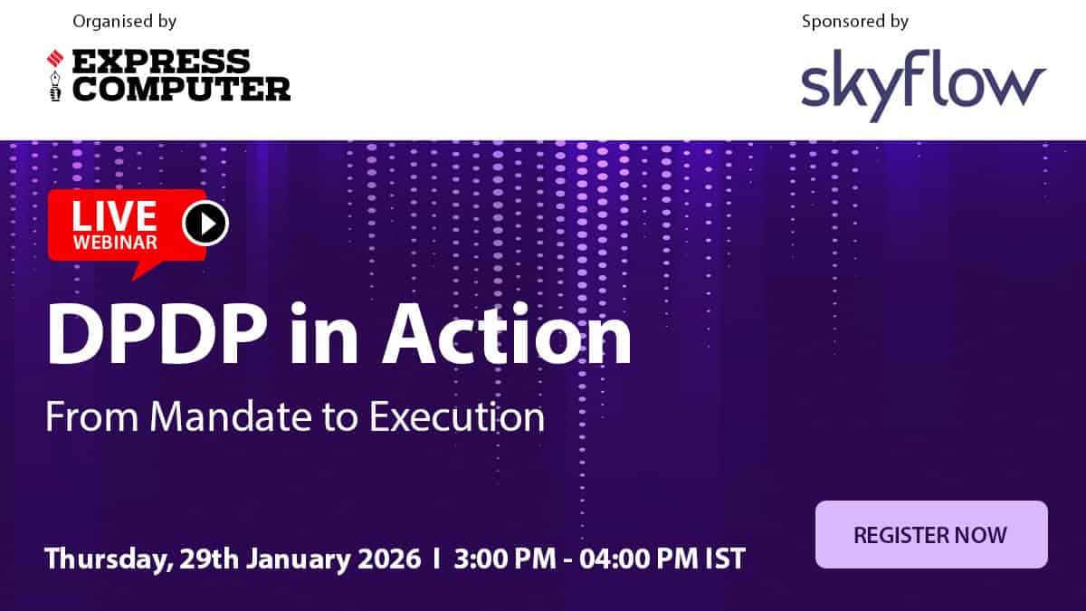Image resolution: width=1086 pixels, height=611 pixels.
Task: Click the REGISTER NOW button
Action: tap(931, 534)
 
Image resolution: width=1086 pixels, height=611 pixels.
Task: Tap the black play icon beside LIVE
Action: tap(205, 223)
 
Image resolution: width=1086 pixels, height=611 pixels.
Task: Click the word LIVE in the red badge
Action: tap(114, 216)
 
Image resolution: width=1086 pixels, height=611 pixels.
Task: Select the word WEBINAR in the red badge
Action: tap(115, 243)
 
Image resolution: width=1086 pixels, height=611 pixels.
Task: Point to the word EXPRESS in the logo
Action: tap(161, 62)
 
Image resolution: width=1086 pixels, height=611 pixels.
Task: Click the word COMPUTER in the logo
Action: tap(181, 89)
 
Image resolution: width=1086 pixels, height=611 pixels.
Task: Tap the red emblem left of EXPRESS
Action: tap(55, 59)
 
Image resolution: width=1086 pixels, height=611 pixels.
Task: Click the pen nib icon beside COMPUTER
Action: tap(56, 86)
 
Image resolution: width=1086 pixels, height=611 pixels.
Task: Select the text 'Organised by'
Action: tap(125, 22)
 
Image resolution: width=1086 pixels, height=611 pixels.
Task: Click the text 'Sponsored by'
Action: tap(854, 22)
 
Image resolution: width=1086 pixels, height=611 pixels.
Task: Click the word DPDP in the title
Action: tap(156, 334)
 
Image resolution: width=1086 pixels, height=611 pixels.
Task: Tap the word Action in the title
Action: tap(507, 334)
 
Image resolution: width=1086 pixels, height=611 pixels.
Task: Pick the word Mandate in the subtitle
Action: tap(230, 416)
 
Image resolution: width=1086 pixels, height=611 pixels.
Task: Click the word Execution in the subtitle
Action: tap(457, 416)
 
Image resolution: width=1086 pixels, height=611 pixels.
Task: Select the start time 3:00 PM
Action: tap(505, 558)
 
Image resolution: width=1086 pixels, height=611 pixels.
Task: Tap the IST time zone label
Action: tap(725, 558)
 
